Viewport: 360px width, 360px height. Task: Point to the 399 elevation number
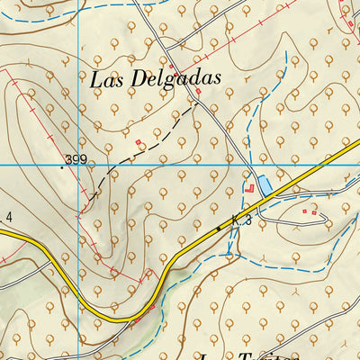coord(76,160)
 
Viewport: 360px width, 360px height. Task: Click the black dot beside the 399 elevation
coord(62,166)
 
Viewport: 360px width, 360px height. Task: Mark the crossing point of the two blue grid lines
coord(78,165)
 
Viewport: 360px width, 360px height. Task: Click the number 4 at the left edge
coord(8,217)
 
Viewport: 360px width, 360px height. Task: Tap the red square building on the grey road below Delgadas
coord(197,91)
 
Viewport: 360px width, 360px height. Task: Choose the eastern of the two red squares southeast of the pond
coord(315,212)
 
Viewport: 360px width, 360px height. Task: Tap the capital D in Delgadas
coord(144,78)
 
